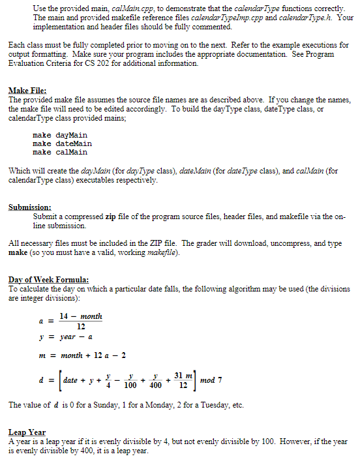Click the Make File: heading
tap(27, 91)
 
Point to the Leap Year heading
tap(27, 432)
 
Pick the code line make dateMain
tap(62, 143)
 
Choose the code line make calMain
tap(60, 152)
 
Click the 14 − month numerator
tap(81, 316)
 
